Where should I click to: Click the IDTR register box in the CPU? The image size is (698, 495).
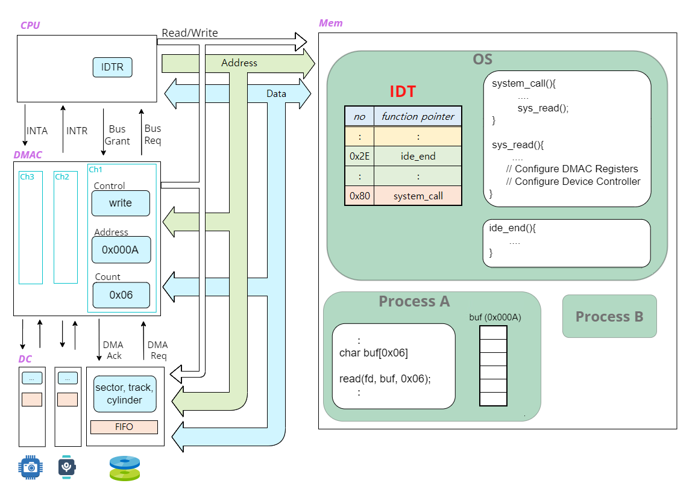[x=112, y=67]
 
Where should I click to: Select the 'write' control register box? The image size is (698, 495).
[x=121, y=204]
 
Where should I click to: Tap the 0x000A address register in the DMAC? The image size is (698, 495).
[x=121, y=250]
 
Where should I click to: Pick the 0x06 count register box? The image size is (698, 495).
[x=121, y=295]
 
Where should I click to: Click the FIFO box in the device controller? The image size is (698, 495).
[x=124, y=427]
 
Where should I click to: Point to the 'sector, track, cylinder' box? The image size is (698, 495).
[x=125, y=394]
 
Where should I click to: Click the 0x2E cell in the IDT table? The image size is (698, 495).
[x=359, y=156]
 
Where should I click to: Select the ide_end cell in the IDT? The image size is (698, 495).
[x=418, y=156]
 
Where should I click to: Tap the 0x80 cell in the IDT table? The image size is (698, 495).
[x=359, y=196]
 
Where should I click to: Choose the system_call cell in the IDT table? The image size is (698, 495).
[x=418, y=196]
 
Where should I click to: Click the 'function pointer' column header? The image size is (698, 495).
[x=418, y=116]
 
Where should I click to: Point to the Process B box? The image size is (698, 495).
[x=609, y=316]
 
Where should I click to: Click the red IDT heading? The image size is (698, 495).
[x=403, y=92]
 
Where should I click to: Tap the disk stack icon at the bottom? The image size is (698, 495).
[x=125, y=469]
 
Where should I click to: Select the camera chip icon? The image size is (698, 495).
[x=30, y=467]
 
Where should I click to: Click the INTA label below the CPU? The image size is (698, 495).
[x=37, y=131]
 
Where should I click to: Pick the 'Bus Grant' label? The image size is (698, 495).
[x=117, y=135]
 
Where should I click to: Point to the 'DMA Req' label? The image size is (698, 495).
[x=158, y=350]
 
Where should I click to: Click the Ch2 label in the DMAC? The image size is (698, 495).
[x=62, y=176]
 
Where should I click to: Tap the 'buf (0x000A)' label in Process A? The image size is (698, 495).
[x=495, y=317]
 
